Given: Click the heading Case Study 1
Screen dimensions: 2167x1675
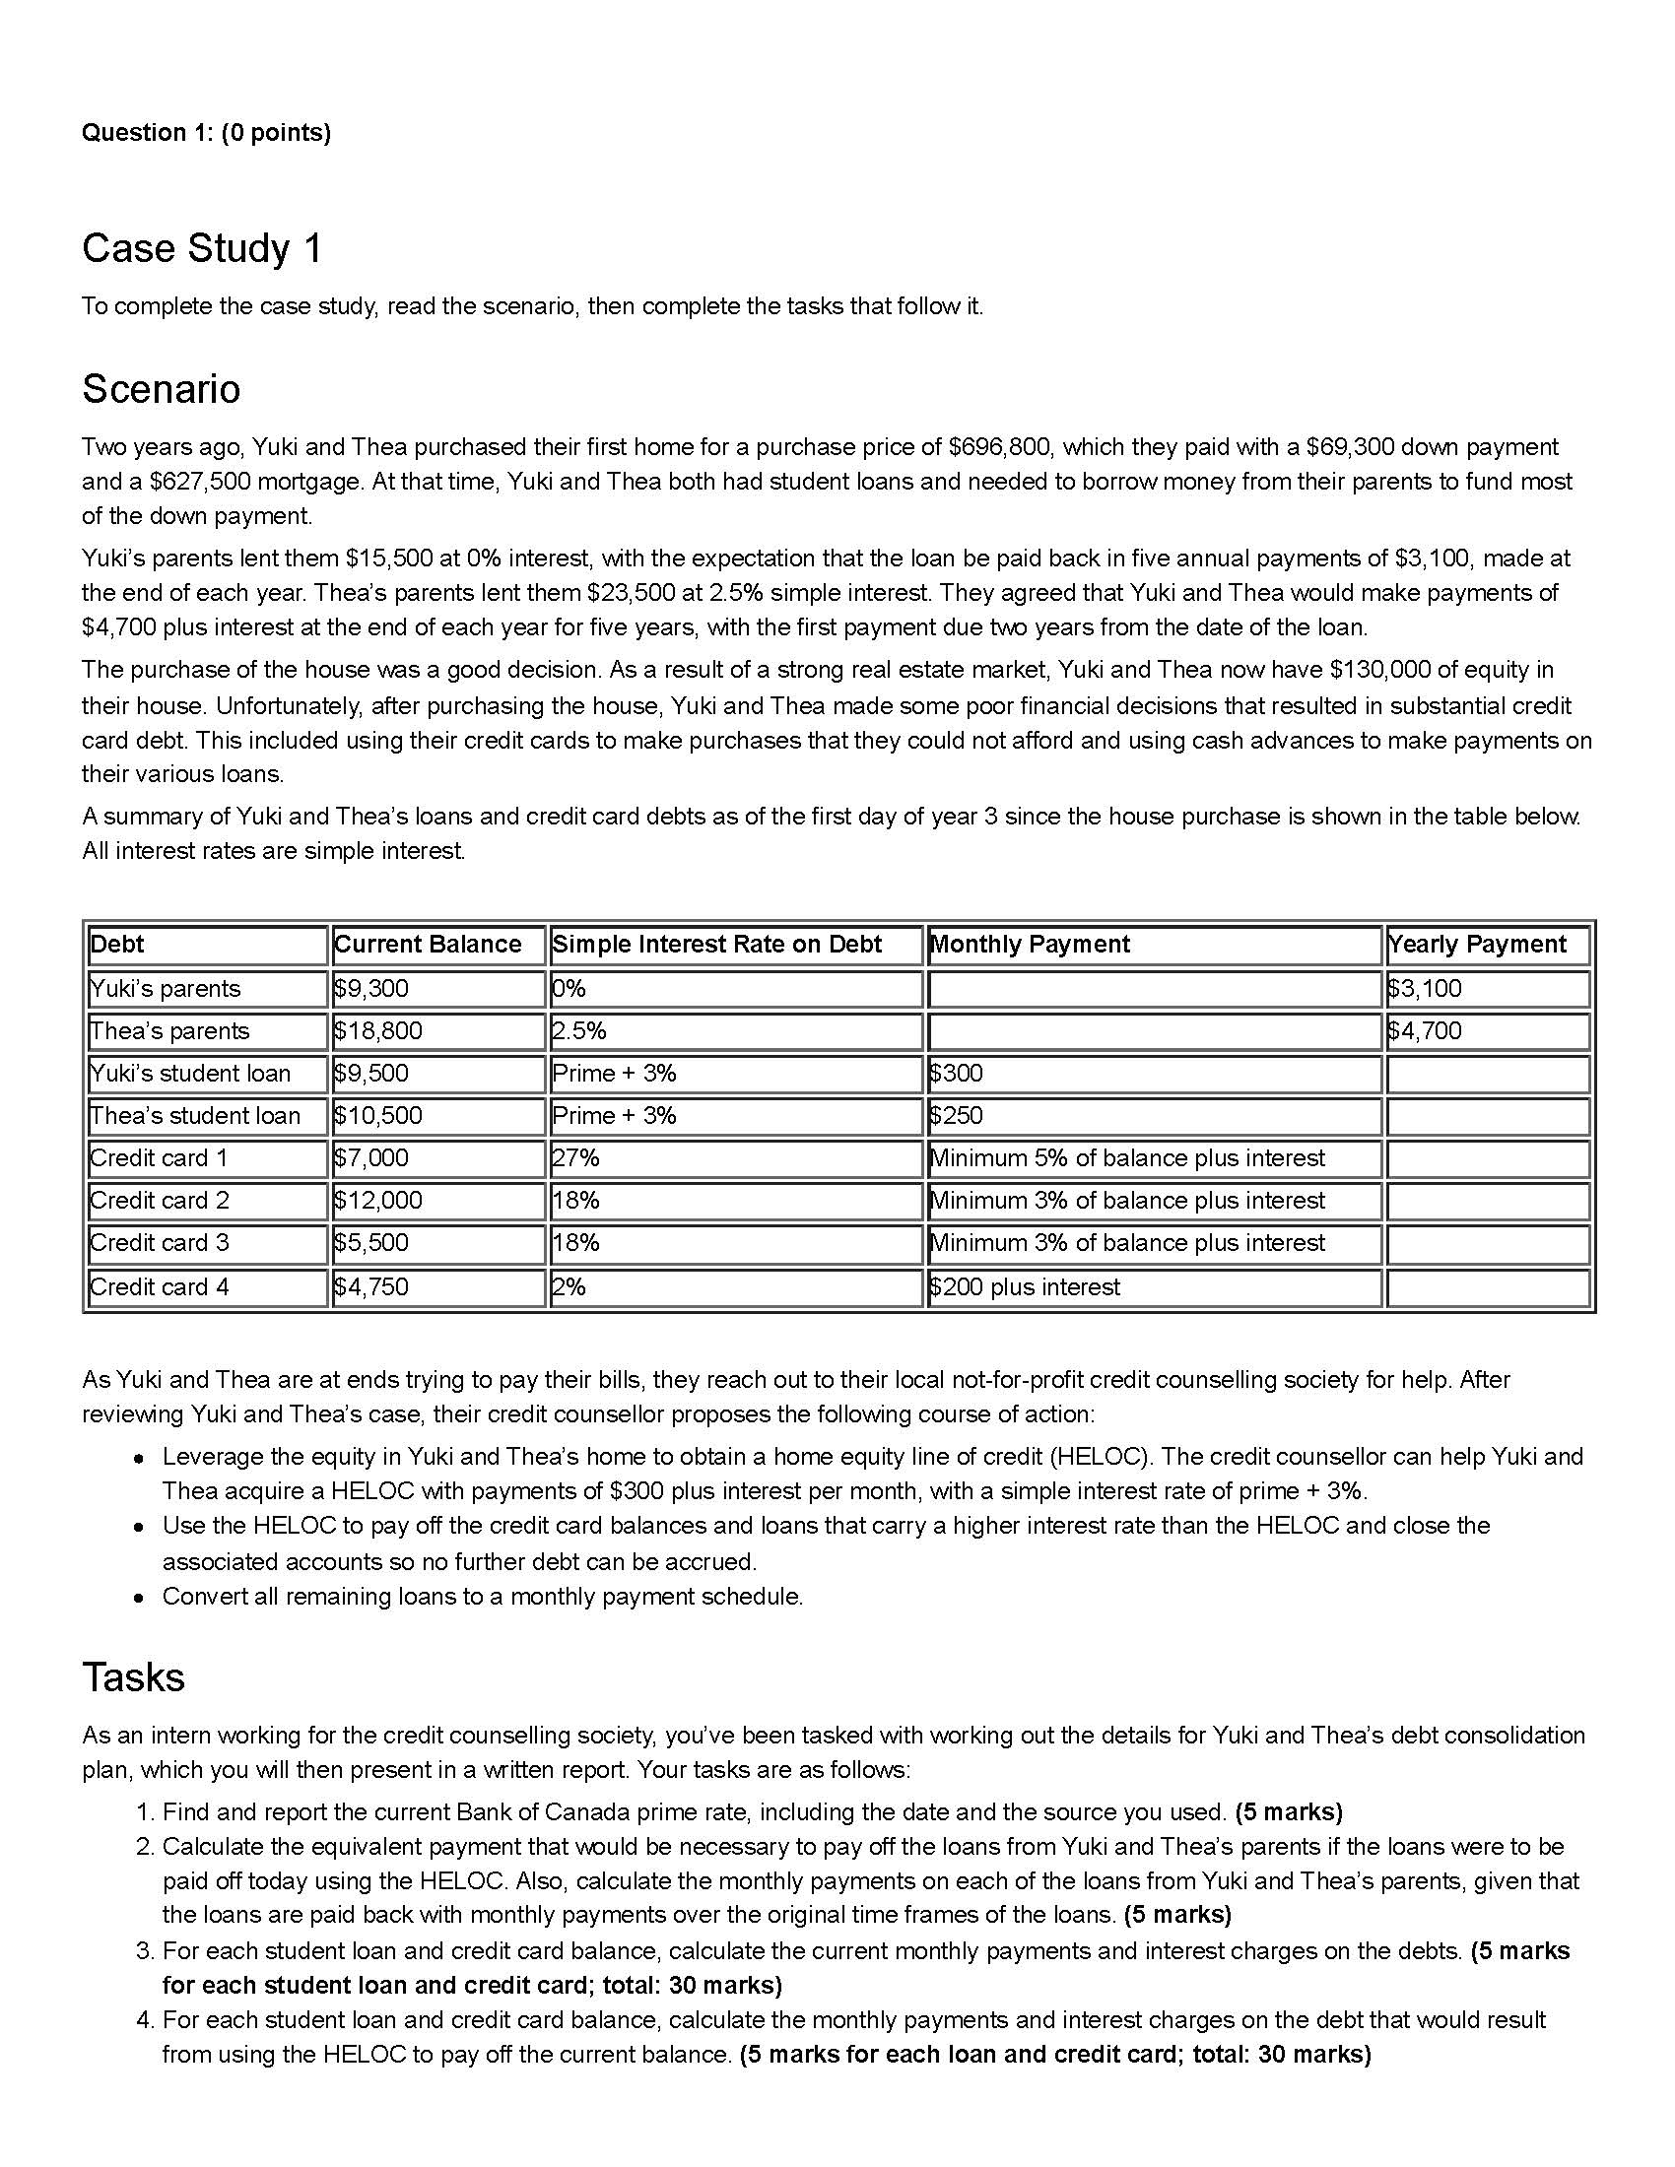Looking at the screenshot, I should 202,248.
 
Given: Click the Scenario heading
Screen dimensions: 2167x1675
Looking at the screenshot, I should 161,389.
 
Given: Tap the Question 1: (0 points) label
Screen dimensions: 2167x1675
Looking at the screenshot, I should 206,133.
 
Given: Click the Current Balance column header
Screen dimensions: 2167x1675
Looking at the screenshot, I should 428,944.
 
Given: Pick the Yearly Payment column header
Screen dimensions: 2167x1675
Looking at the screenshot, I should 1477,944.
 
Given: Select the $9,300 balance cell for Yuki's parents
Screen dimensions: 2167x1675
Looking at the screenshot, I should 371,988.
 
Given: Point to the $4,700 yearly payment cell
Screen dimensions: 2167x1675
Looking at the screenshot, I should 1425,1031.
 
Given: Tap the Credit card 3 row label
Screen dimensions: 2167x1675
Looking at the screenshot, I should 159,1243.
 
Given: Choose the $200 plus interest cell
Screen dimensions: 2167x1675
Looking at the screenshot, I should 1024,1287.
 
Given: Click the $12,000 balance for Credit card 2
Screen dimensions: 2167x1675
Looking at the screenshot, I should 378,1201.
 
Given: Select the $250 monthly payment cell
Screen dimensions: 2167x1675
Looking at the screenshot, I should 957,1115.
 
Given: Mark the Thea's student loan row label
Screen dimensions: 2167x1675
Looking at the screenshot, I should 194,1115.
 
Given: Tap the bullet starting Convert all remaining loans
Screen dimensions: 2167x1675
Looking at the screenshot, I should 482,1597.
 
